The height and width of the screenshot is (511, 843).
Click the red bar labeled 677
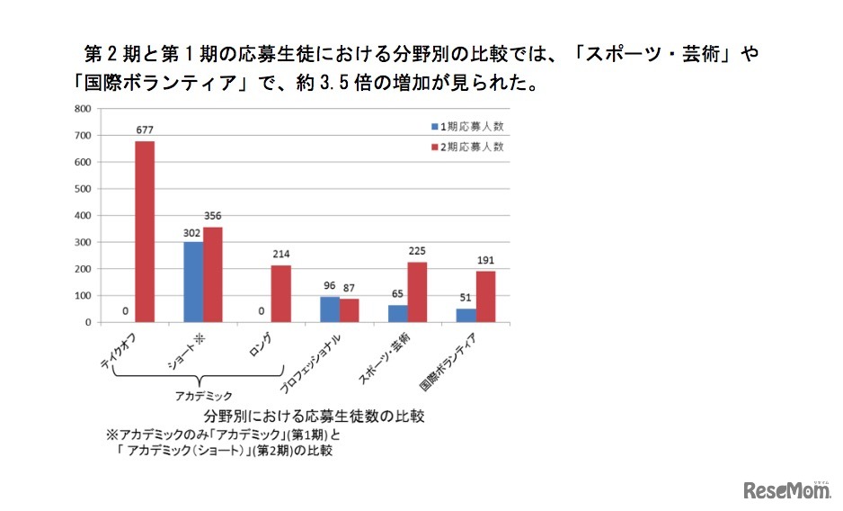tap(145, 232)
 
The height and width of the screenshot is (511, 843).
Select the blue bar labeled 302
tap(192, 282)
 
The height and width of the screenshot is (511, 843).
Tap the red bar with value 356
tap(212, 274)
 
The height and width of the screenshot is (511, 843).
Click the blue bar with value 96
tap(330, 309)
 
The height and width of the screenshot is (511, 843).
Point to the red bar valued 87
tap(349, 310)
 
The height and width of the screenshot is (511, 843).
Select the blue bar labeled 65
tap(398, 313)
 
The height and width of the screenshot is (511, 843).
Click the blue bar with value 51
tap(466, 315)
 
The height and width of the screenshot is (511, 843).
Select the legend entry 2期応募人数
tap(468, 146)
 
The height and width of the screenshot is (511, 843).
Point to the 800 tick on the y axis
tap(82, 109)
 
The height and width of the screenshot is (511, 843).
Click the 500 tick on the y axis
tap(82, 189)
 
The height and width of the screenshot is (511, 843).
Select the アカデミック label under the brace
tap(203, 395)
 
